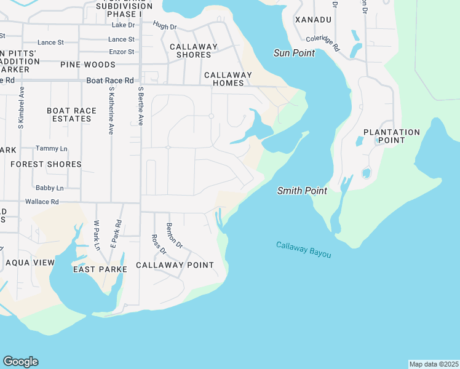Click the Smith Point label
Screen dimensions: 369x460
pos(302,191)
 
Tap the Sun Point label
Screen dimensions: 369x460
pos(294,53)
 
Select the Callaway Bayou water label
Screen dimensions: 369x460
pos(303,249)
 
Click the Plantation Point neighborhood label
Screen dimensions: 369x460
pos(392,136)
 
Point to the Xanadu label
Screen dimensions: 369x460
pos(313,20)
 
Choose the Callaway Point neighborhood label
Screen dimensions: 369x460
pos(175,265)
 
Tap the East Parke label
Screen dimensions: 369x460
pos(100,269)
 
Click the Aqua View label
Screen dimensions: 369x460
pos(30,263)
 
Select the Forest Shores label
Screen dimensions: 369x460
pos(46,164)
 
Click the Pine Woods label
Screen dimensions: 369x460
pos(88,65)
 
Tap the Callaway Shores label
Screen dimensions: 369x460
pos(194,50)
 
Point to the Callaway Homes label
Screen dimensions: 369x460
pos(228,79)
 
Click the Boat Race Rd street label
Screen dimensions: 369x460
pos(110,81)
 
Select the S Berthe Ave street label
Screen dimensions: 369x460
pos(140,106)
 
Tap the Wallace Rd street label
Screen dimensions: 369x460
pos(42,202)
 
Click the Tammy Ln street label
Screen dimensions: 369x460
pos(50,148)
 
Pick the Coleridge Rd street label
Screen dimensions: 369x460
pos(323,42)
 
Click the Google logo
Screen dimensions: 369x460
pos(20,362)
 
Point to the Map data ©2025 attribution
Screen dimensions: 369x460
pos(434,364)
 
